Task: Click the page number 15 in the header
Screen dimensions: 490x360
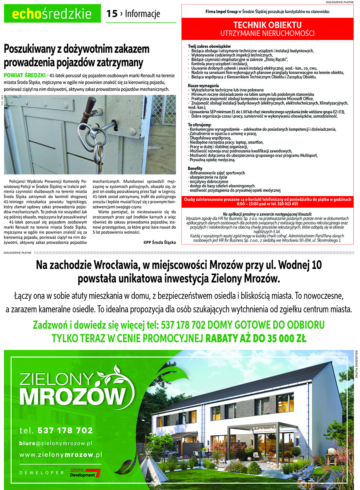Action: pos(112,14)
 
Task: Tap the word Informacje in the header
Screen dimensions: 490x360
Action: pos(142,14)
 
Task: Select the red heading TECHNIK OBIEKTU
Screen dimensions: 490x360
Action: pos(267,25)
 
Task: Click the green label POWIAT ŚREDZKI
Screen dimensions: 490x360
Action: pos(24,75)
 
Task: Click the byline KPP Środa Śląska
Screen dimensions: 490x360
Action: pos(160,242)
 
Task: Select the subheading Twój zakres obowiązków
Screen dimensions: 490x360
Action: pos(209,47)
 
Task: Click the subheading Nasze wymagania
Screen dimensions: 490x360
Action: pos(203,86)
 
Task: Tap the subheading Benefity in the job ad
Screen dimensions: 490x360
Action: pos(195,169)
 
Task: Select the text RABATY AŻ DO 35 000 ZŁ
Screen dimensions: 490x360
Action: pos(256,339)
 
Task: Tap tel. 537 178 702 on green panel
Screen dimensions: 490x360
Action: pos(56,431)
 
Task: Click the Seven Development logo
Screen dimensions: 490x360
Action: pos(85,473)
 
